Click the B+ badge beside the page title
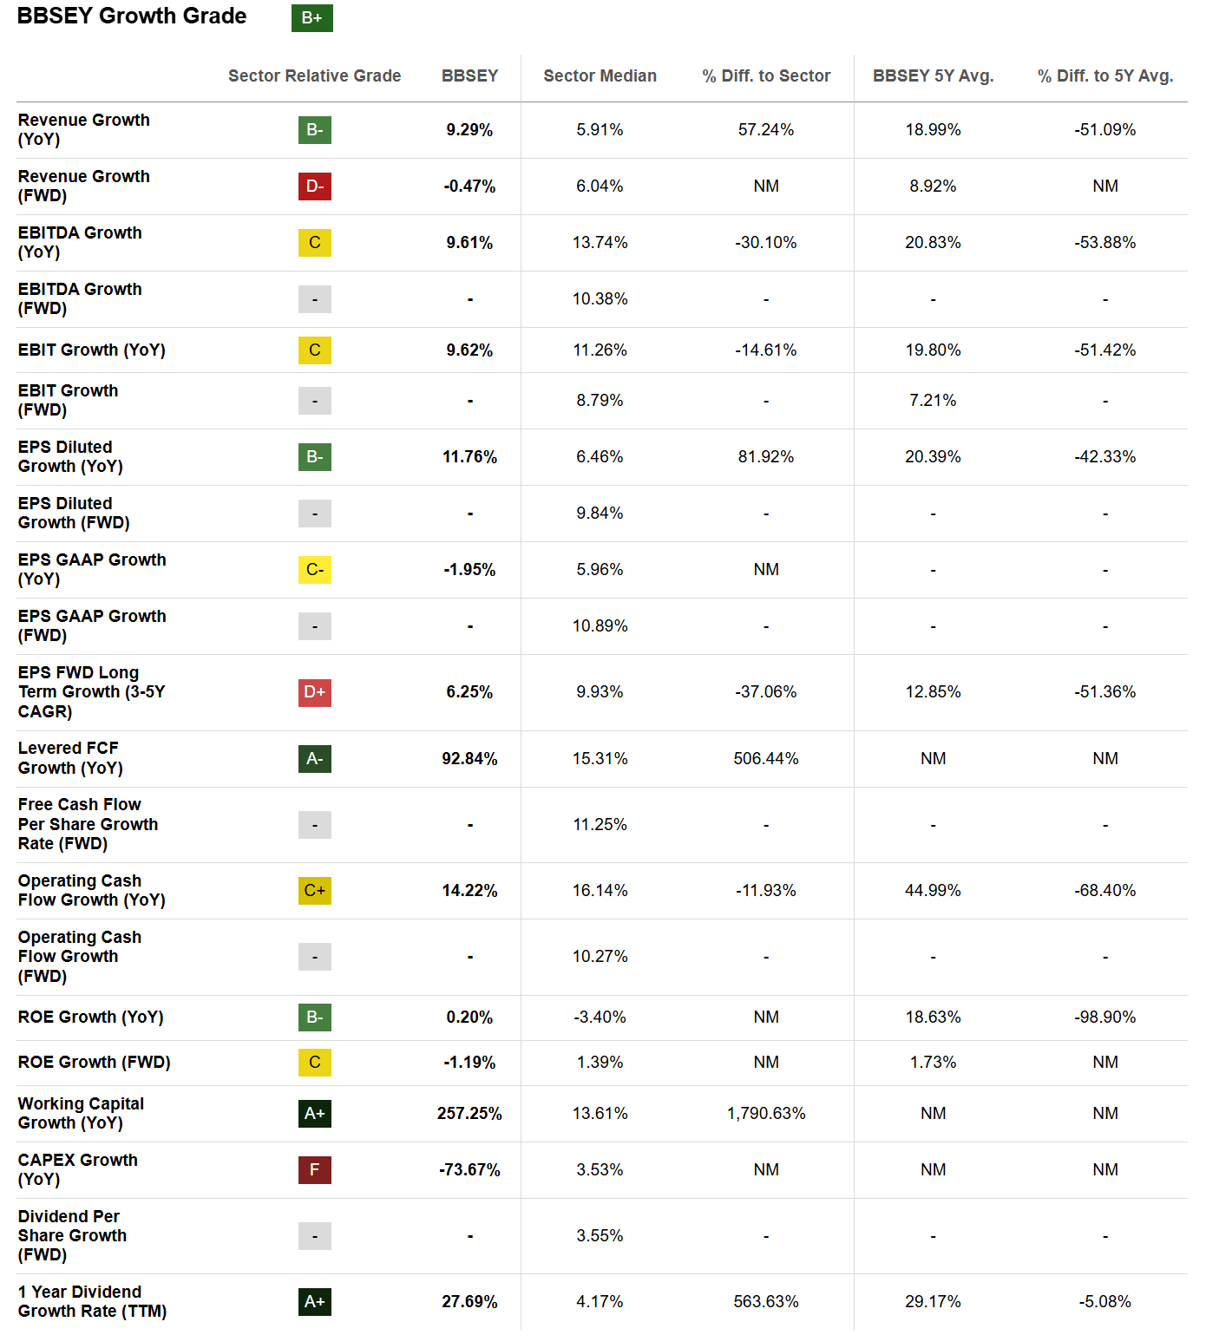pos(311,18)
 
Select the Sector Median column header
pos(600,76)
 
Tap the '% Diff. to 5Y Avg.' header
pos(1104,76)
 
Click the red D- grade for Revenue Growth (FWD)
pos(314,187)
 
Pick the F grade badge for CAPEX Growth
pos(314,1170)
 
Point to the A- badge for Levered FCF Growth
pos(314,759)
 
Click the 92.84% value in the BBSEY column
pos(469,759)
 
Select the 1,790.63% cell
pos(765,1114)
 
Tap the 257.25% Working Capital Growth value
pos(469,1114)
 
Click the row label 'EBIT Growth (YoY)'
pos(91,350)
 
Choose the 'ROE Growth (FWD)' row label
pos(94,1063)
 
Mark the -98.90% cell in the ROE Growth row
pos(1104,1018)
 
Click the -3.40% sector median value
pos(600,1018)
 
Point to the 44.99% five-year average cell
pos(933,891)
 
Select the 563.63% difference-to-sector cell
pos(765,1302)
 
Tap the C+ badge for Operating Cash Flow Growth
pos(314,891)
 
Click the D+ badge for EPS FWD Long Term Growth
pos(314,692)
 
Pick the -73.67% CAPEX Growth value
pos(469,1170)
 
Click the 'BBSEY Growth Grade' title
pos(132,16)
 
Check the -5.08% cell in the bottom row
pos(1104,1302)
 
